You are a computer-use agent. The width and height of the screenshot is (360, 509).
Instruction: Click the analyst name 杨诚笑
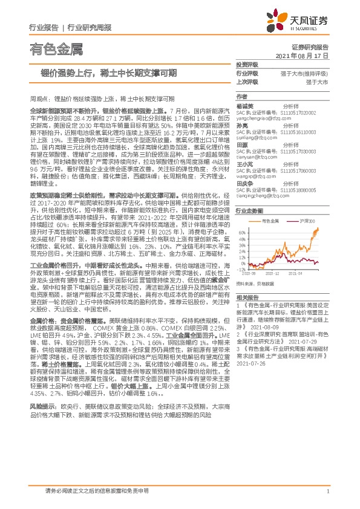point(246,105)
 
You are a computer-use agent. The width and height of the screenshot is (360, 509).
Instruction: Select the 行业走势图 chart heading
point(249,211)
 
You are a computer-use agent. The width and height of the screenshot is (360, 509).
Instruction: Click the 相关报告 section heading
point(246,315)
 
